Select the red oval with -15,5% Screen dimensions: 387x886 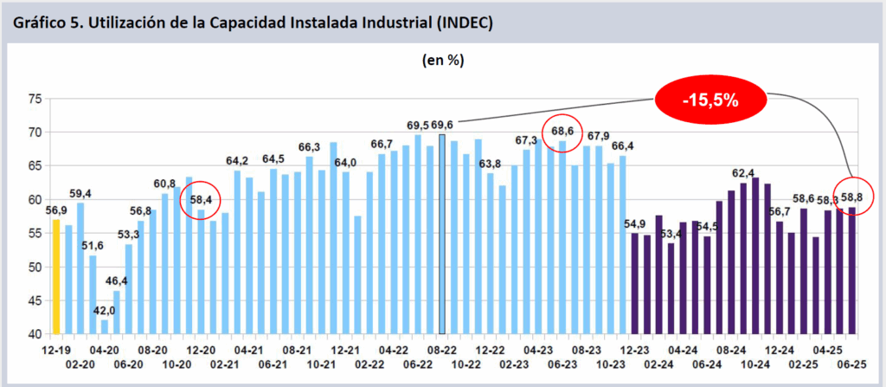click(x=709, y=100)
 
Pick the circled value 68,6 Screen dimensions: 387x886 click(x=562, y=131)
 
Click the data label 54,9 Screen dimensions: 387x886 click(x=635, y=225)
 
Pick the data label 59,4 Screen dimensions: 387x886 click(x=80, y=193)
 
